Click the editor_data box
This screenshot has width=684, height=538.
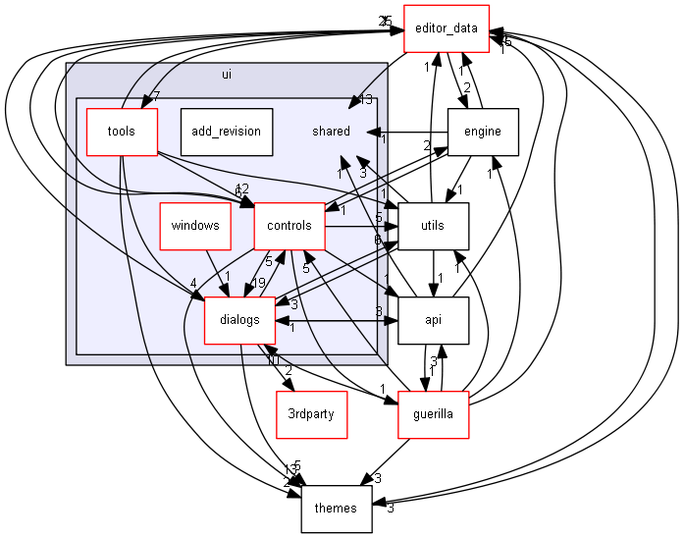pyautogui.click(x=447, y=28)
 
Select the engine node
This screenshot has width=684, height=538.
pyautogui.click(x=482, y=132)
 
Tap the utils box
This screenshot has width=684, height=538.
pyautogui.click(x=432, y=226)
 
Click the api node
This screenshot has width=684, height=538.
pyautogui.click(x=433, y=320)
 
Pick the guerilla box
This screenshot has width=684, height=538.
pyautogui.click(x=433, y=414)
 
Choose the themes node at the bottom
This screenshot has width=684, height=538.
pyautogui.click(x=336, y=509)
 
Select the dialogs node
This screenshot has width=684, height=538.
pyautogui.click(x=239, y=320)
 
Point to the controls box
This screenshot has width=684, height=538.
pyautogui.click(x=289, y=226)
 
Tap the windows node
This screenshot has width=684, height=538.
pyautogui.click(x=194, y=226)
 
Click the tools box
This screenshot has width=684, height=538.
pyautogui.click(x=122, y=132)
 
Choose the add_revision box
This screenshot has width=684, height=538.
pyautogui.click(x=227, y=132)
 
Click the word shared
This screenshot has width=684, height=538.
pyautogui.click(x=331, y=132)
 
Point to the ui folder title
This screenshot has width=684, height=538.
pyautogui.click(x=227, y=74)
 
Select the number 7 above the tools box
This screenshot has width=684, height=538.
pyautogui.click(x=156, y=96)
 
